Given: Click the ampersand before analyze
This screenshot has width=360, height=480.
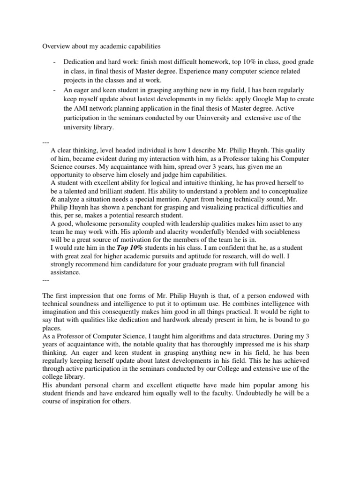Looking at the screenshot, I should [x=53, y=198].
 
